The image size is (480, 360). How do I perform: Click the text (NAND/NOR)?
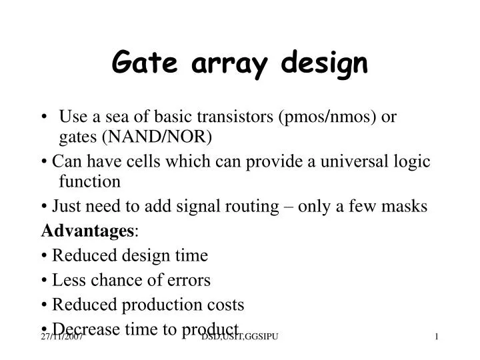pyautogui.click(x=157, y=137)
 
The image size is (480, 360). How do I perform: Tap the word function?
pyautogui.click(x=89, y=181)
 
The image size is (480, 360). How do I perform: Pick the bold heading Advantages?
pyautogui.click(x=87, y=231)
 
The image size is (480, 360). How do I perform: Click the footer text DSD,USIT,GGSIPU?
pyautogui.click(x=239, y=339)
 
